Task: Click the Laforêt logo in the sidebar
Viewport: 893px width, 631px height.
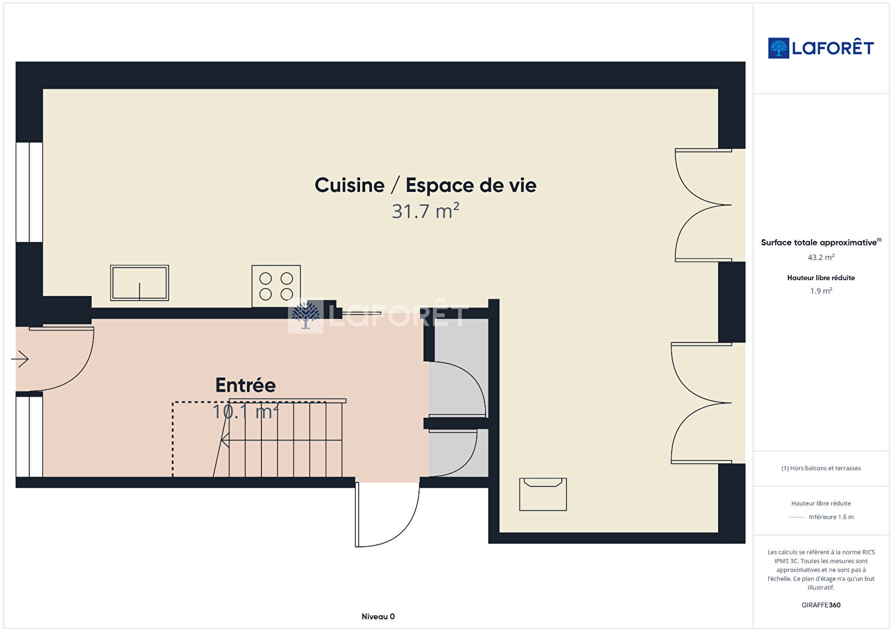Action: [820, 48]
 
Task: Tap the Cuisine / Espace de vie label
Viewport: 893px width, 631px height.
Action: [425, 185]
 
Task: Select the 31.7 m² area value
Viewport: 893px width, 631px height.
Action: [425, 211]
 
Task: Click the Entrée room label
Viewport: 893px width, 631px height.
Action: [246, 385]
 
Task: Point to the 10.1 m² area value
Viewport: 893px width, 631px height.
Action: [246, 412]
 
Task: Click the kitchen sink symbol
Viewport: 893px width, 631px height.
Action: [139, 283]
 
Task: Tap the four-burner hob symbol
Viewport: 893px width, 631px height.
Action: [276, 286]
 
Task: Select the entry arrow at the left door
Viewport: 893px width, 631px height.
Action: [20, 359]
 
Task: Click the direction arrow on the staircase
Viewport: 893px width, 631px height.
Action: [281, 440]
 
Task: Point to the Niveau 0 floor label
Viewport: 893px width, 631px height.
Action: [378, 616]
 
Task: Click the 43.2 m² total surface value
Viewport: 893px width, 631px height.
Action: [821, 257]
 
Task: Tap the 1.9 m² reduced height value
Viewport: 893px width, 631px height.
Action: [821, 291]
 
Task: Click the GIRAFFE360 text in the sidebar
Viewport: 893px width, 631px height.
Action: [821, 605]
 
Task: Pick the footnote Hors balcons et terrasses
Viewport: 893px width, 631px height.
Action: [821, 468]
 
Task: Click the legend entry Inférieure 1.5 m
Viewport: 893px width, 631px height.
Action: [831, 517]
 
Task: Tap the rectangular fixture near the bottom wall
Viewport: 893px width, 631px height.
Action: [543, 494]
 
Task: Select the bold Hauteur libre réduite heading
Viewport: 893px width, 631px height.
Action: [821, 278]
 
